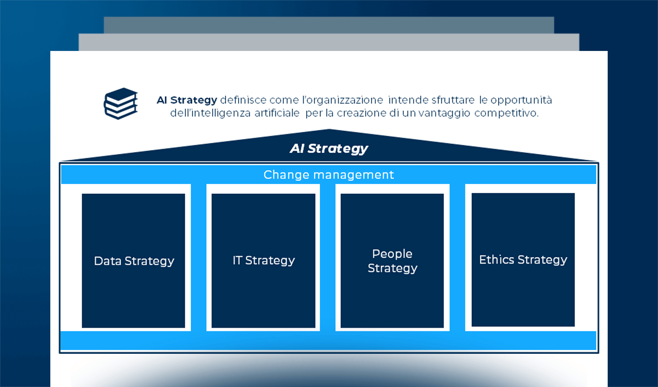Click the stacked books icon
(121, 104)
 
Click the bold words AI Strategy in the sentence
(187, 100)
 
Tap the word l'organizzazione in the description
(343, 100)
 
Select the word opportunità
(521, 100)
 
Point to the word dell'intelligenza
(210, 113)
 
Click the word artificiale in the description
(277, 113)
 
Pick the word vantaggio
(444, 113)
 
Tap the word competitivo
(506, 113)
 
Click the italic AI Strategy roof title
(329, 149)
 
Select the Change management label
(329, 175)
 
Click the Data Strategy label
(134, 261)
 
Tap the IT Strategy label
(264, 260)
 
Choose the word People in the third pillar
(392, 254)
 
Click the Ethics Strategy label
(523, 260)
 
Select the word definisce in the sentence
(243, 100)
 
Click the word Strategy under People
(392, 268)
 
